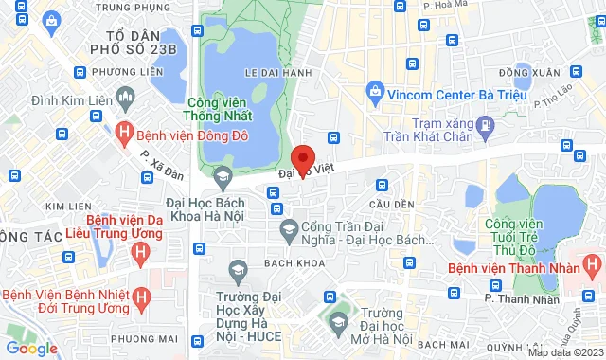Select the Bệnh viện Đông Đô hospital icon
coord(124,134)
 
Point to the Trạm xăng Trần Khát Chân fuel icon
coord(485,123)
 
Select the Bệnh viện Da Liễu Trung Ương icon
coord(140,252)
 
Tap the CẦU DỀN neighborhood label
coord(392,205)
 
